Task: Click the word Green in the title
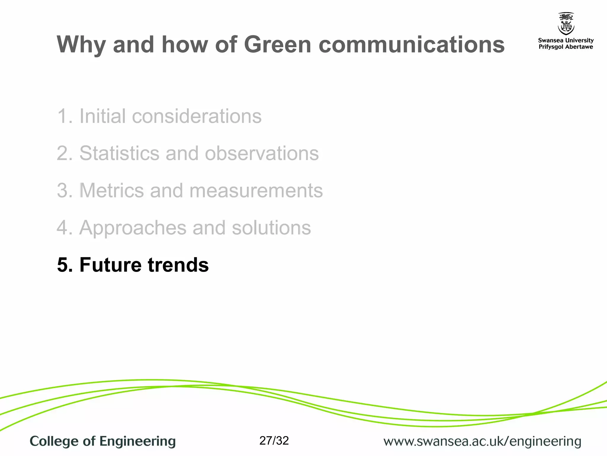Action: coord(277,45)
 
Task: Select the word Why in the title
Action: coord(81,45)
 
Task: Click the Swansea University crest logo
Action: coord(566,24)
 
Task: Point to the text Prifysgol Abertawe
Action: coord(566,47)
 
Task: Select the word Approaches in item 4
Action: coord(133,228)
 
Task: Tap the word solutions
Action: coord(271,228)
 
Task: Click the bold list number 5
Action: coord(64,265)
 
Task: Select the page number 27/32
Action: coord(274,441)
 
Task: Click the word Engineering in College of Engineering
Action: coord(138,441)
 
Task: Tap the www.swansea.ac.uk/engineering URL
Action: coord(482,441)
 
